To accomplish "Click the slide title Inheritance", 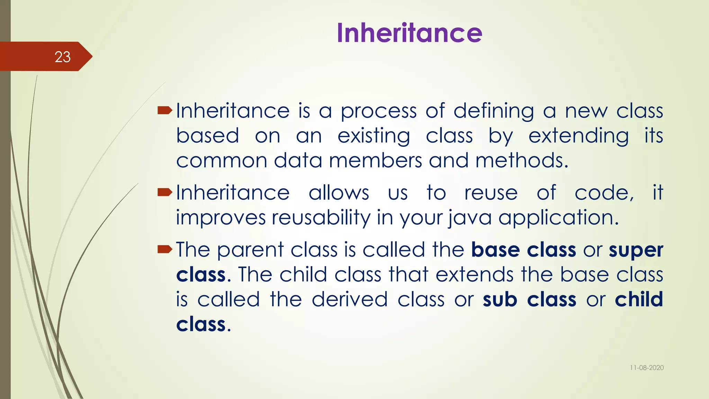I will [x=409, y=33].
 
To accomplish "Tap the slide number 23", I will [x=62, y=57].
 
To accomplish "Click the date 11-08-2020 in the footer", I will [x=646, y=368].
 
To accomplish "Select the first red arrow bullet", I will [x=165, y=111].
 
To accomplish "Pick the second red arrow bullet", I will [x=165, y=192].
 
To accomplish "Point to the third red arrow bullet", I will [x=165, y=249].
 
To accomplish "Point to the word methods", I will [x=521, y=161].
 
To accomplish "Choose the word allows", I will [x=339, y=193].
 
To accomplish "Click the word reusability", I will [x=321, y=218].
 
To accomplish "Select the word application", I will [x=558, y=218].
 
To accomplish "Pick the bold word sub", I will [x=500, y=299].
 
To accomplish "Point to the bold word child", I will [x=639, y=299].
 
